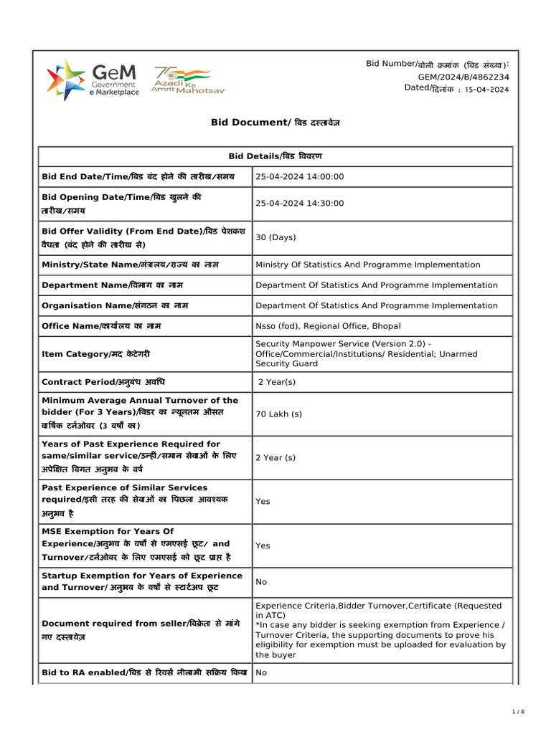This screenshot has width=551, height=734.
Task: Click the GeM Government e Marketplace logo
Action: (x=93, y=79)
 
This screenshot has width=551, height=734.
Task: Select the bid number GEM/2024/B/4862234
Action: (x=463, y=77)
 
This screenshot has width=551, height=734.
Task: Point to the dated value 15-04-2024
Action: (x=487, y=90)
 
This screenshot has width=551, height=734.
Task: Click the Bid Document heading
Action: (x=275, y=123)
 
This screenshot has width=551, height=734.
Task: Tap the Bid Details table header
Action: (x=275, y=156)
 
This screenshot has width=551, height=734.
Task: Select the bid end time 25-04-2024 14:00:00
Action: (x=300, y=177)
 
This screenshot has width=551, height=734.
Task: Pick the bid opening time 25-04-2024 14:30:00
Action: (x=300, y=204)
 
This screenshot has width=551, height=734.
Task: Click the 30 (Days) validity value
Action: (x=276, y=237)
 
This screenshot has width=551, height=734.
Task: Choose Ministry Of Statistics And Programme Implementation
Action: (x=368, y=264)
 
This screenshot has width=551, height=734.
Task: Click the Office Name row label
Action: (x=101, y=326)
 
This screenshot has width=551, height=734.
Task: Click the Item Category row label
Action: (x=96, y=354)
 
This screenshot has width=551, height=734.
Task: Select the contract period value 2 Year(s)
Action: (x=277, y=382)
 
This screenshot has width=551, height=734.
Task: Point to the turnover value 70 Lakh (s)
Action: (x=279, y=414)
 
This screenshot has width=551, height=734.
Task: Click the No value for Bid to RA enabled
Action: (x=261, y=673)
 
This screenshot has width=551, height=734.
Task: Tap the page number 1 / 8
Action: (x=519, y=711)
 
